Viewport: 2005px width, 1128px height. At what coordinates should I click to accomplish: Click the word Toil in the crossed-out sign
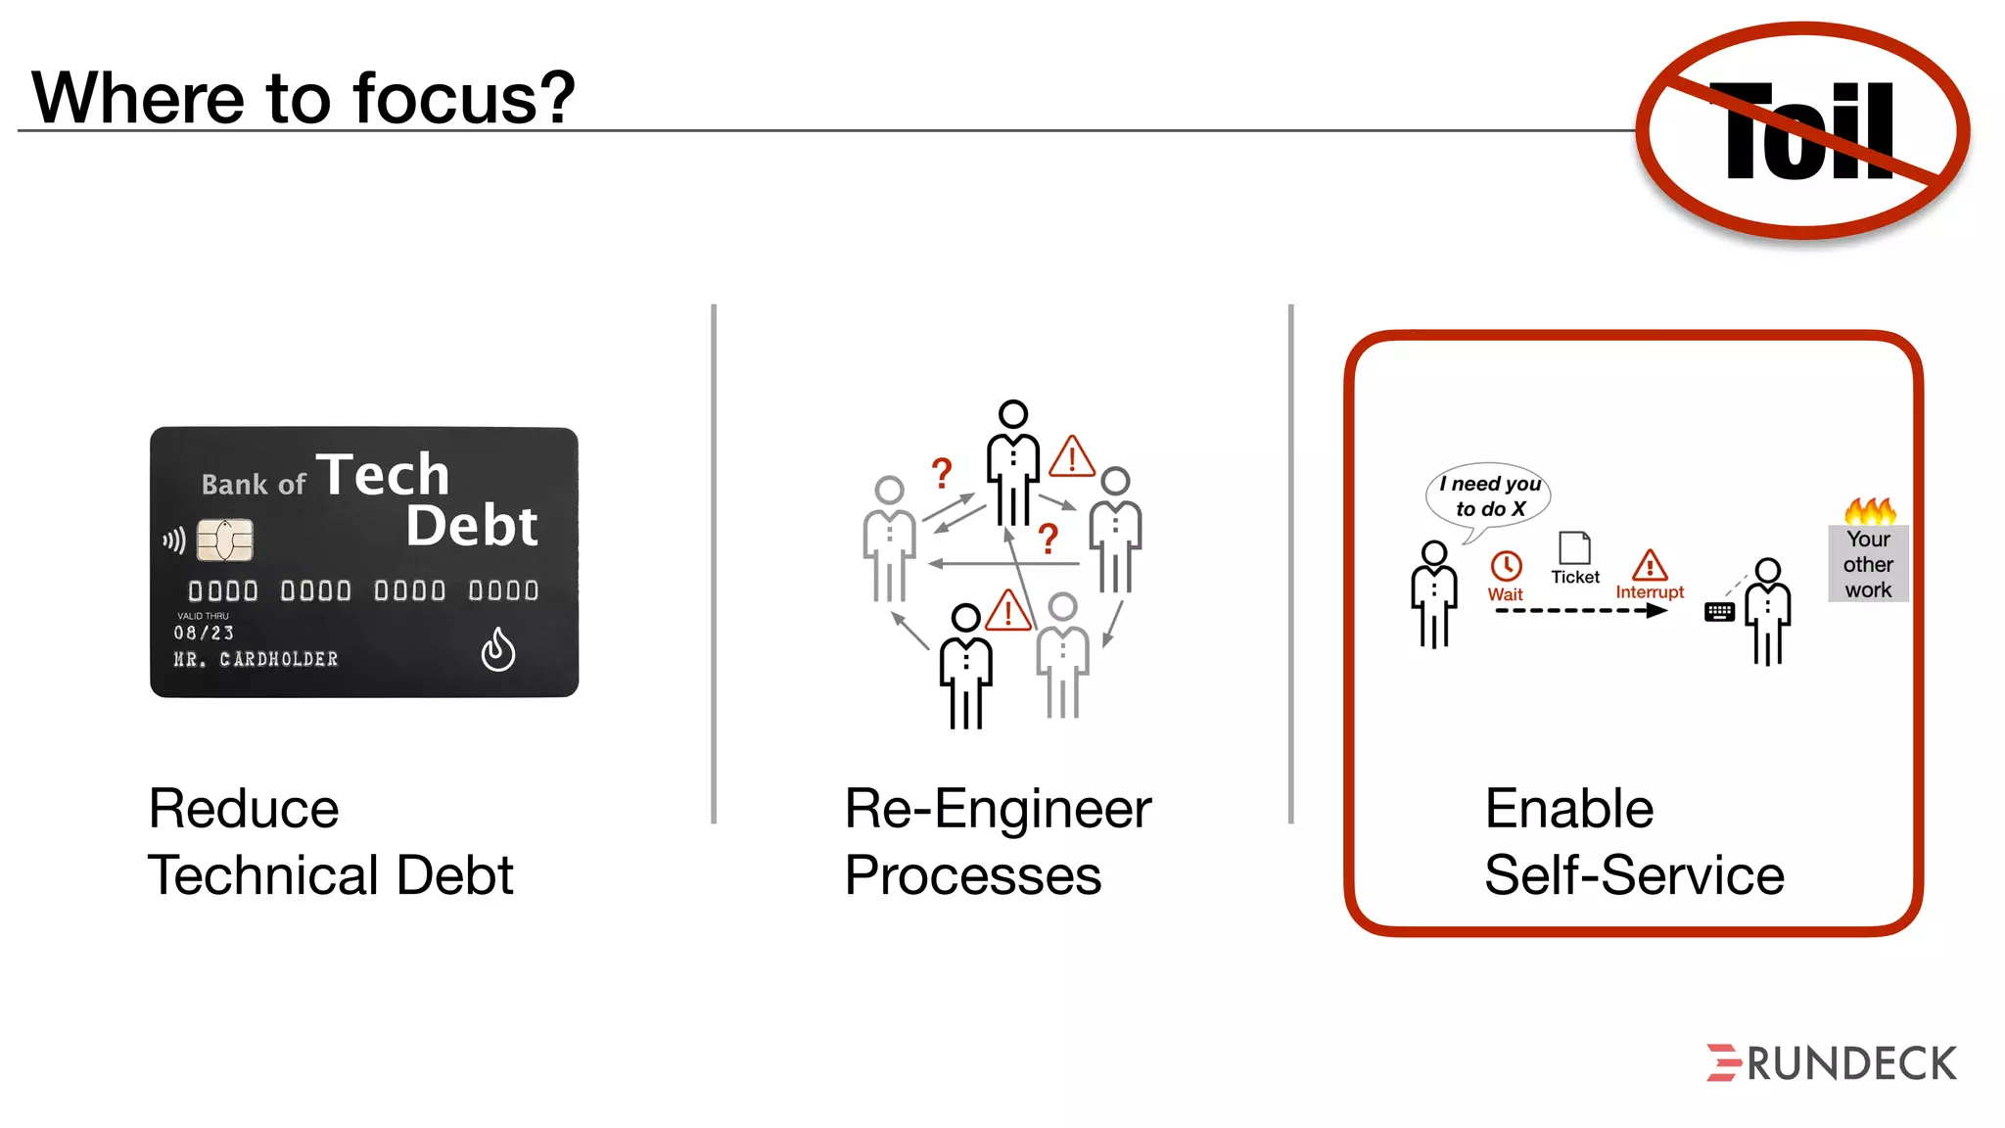[1809, 132]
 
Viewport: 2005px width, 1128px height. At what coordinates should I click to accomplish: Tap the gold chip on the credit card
[225, 540]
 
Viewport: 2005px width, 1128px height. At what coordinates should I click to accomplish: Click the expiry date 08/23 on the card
[204, 634]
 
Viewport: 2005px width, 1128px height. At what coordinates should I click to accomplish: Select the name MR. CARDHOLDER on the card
[256, 660]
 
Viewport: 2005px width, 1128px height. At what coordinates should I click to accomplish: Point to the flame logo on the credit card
[498, 649]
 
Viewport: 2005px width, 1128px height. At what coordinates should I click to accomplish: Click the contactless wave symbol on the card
[174, 540]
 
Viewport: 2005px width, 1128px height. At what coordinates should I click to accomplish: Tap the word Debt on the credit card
[472, 527]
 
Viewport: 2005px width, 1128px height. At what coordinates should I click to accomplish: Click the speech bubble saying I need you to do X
[1489, 496]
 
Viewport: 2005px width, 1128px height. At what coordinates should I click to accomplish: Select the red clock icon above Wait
[1506, 566]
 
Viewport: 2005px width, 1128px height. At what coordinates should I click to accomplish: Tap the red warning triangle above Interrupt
[1650, 565]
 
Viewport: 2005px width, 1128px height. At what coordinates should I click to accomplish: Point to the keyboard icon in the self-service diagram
[1719, 612]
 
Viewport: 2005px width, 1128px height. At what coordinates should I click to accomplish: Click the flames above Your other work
[1870, 510]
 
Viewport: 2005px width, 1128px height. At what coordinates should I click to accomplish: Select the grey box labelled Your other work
[1868, 564]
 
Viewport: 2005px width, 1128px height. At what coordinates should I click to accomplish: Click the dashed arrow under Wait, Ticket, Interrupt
[1580, 611]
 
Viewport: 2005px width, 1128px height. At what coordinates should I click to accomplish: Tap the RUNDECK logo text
[1850, 1064]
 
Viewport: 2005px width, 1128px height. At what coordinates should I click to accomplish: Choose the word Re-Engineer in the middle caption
[998, 809]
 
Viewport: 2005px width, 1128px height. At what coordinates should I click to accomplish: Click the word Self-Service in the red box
[1634, 874]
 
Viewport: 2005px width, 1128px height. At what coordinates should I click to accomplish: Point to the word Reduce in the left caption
[244, 809]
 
